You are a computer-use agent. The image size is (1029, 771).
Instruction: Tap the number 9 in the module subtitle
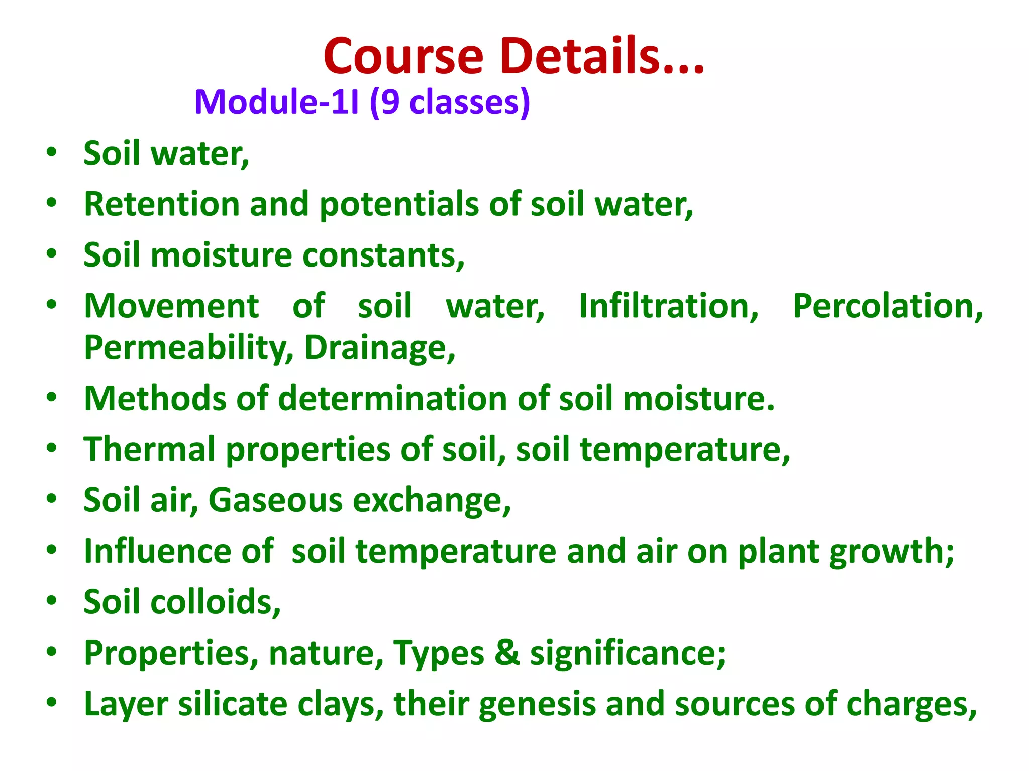point(390,102)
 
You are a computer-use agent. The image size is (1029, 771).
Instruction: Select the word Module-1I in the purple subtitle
point(277,102)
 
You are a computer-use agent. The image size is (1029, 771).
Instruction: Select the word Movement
point(171,306)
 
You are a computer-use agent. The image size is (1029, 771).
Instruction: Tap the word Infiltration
point(669,306)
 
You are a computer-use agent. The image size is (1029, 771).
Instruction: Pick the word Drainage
point(380,348)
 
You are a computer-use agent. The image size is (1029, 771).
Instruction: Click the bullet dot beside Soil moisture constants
point(51,253)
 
